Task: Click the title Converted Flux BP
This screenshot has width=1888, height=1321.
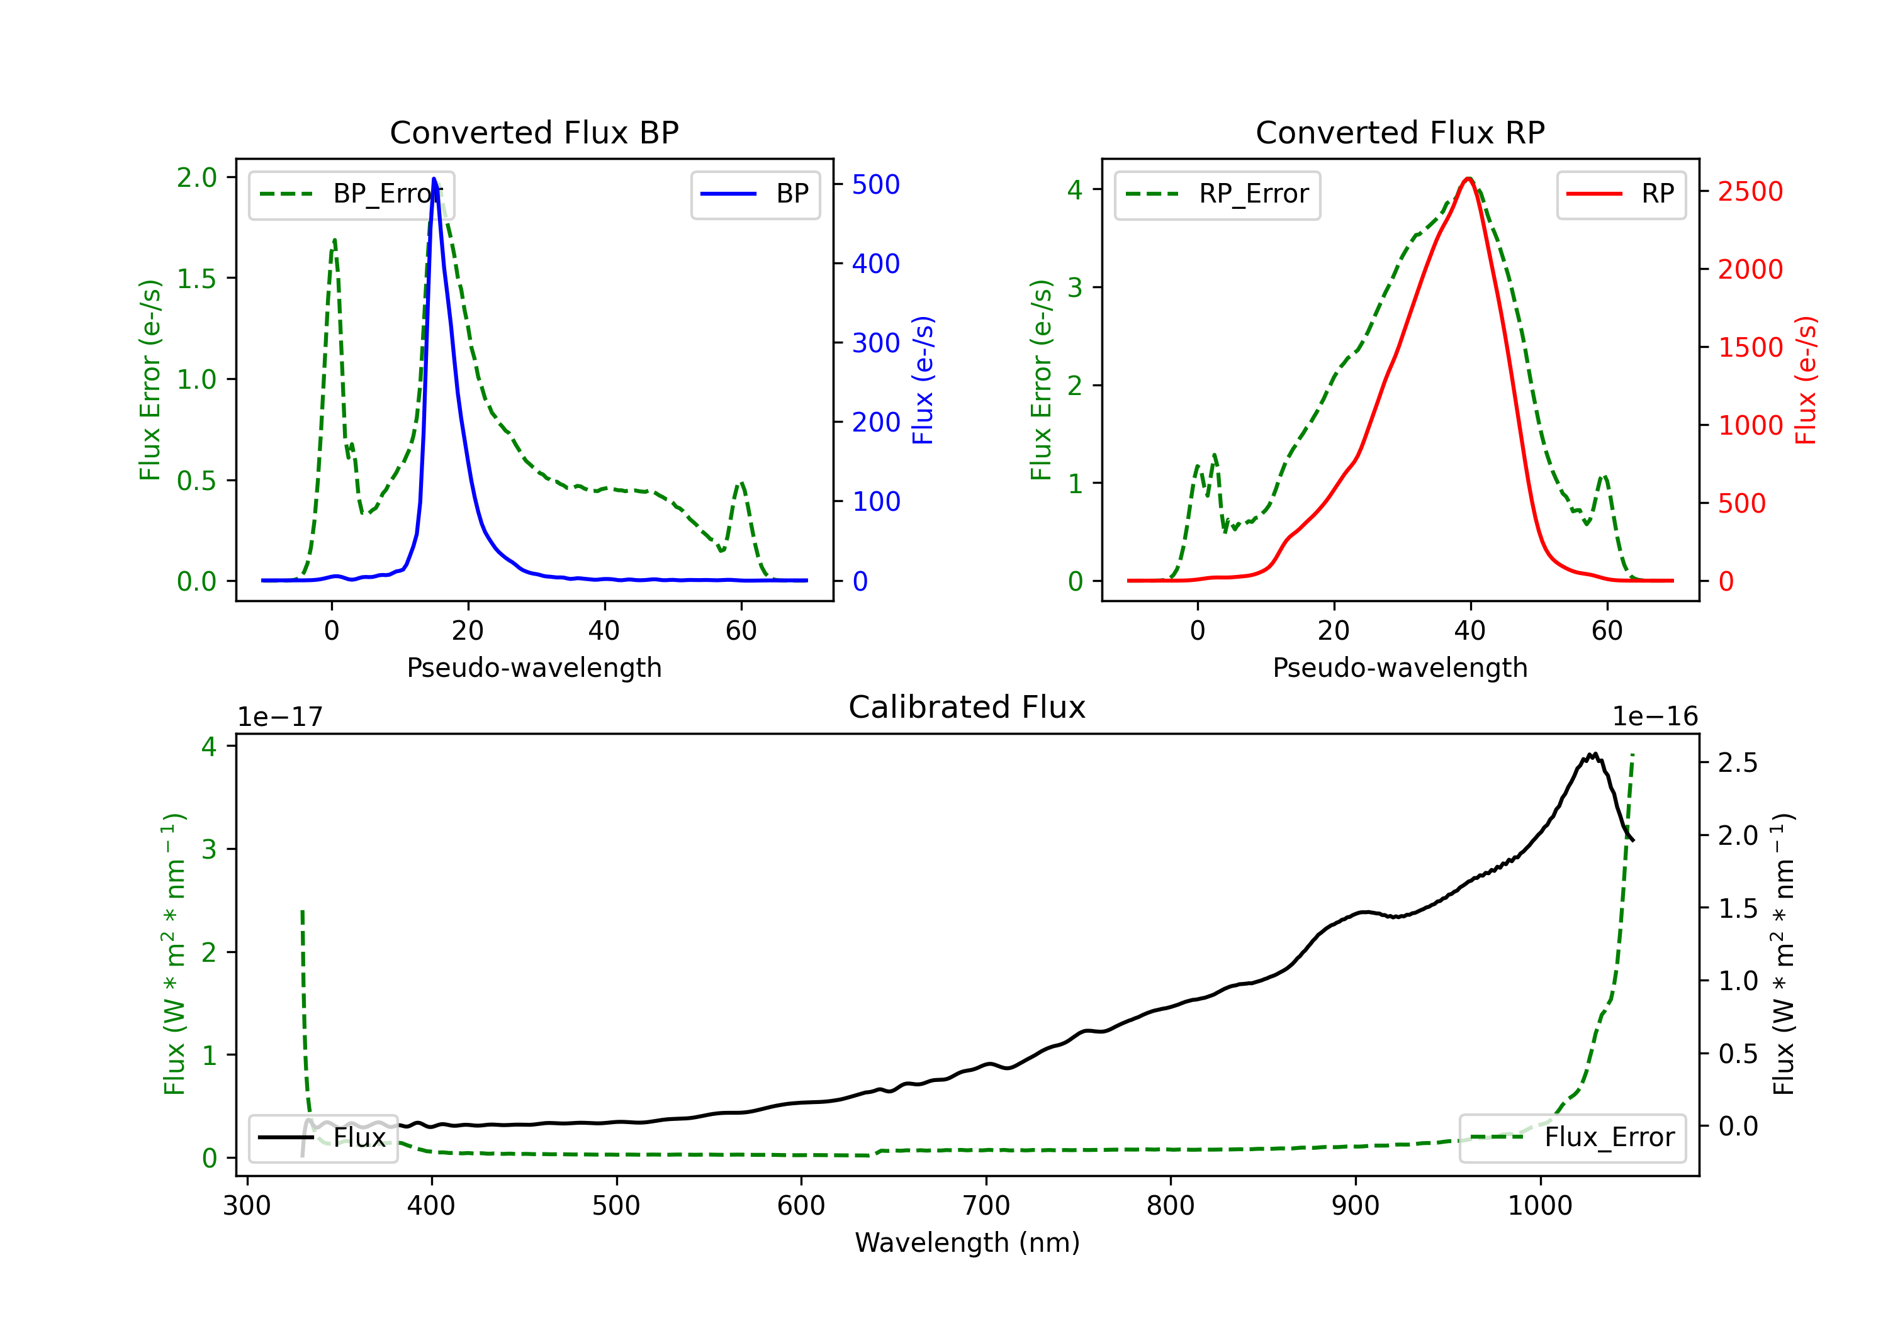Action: [x=534, y=132]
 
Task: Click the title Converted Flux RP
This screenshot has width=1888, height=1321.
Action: [x=1400, y=132]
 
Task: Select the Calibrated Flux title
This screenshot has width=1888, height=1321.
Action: [x=967, y=707]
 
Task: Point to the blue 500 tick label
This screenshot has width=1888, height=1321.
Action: [x=876, y=184]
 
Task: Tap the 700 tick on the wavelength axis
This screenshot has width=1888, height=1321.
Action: [x=986, y=1206]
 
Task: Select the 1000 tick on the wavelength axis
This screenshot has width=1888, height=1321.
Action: [x=1540, y=1206]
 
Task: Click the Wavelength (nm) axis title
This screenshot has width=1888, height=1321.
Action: [x=967, y=1242]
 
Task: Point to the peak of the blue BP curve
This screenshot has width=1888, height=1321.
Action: [x=434, y=179]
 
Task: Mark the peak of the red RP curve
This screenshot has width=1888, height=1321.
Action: [x=1468, y=179]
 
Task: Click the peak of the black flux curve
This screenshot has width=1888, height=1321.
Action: [x=1593, y=754]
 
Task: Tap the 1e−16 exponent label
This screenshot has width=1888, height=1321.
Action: [x=1655, y=717]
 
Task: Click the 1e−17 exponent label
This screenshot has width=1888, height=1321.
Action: [x=281, y=717]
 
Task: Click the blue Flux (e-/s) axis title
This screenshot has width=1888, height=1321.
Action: [x=923, y=381]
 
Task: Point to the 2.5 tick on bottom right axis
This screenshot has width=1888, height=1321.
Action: [x=1738, y=763]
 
